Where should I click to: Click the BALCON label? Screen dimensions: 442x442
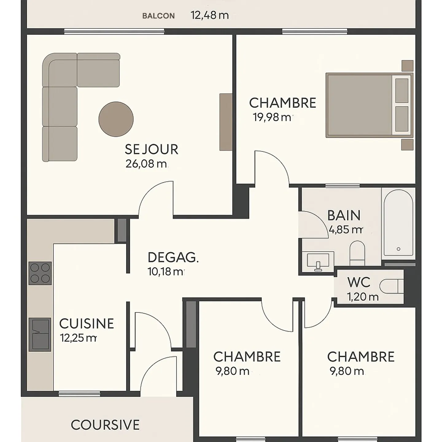click(x=158, y=16)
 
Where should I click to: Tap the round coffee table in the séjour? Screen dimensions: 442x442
click(x=116, y=119)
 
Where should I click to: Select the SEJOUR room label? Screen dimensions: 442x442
click(x=151, y=149)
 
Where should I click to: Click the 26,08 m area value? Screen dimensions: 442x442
click(x=146, y=164)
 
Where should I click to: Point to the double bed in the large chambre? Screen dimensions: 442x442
click(x=368, y=105)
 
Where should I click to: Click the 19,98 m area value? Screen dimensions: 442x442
click(x=272, y=117)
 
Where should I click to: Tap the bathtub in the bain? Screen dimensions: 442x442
click(x=398, y=223)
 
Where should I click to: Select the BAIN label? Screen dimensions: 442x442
click(x=344, y=215)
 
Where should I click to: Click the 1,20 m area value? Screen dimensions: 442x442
click(x=363, y=297)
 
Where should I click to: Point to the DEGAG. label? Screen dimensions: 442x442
click(x=173, y=258)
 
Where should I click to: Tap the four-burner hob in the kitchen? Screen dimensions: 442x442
click(x=40, y=273)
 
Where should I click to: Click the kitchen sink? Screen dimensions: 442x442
click(x=40, y=335)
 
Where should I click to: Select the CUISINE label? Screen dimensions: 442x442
click(x=87, y=324)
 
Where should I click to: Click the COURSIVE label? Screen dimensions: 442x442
click(x=105, y=425)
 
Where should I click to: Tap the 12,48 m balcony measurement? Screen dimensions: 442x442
click(x=210, y=15)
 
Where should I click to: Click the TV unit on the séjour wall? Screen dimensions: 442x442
click(x=226, y=122)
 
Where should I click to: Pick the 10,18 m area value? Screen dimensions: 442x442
click(x=165, y=272)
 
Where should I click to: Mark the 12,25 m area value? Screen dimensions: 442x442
click(x=79, y=338)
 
